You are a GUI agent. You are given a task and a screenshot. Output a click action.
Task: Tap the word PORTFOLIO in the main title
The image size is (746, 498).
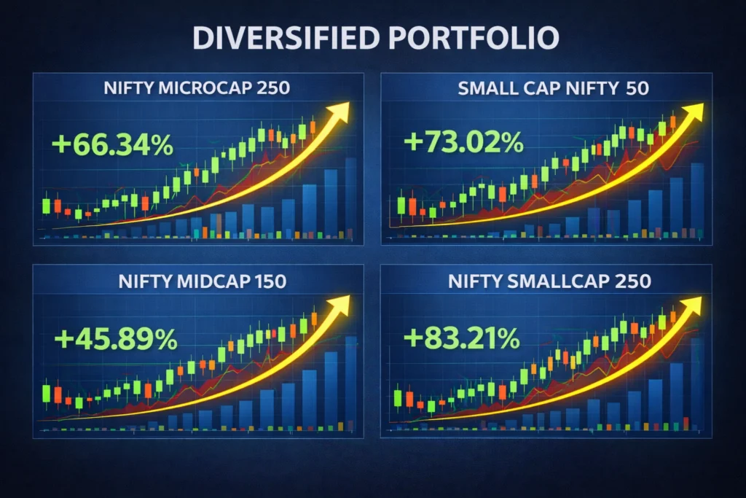(x=468, y=39)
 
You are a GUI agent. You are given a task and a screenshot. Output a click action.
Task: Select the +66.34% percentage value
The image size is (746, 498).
(x=113, y=144)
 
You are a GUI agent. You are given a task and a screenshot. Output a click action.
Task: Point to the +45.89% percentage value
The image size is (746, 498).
(x=115, y=339)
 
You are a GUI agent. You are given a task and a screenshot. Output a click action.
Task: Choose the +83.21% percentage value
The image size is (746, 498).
(x=461, y=338)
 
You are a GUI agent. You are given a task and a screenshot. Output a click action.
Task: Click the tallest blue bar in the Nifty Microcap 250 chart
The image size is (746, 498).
(x=350, y=197)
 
